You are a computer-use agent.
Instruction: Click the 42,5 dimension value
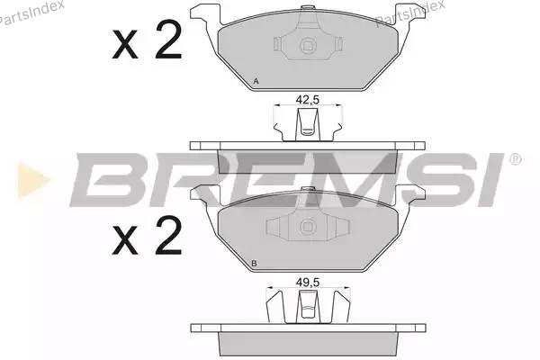[308, 100]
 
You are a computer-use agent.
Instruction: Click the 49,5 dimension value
[308, 283]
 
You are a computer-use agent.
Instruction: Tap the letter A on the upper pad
[256, 82]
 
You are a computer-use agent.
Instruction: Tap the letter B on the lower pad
[254, 264]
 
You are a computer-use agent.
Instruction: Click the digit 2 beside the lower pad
[168, 236]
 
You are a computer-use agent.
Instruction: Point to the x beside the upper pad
[125, 44]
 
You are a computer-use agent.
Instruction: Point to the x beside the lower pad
[125, 241]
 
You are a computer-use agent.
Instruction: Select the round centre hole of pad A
[307, 46]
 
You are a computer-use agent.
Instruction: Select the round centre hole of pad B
[307, 227]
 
